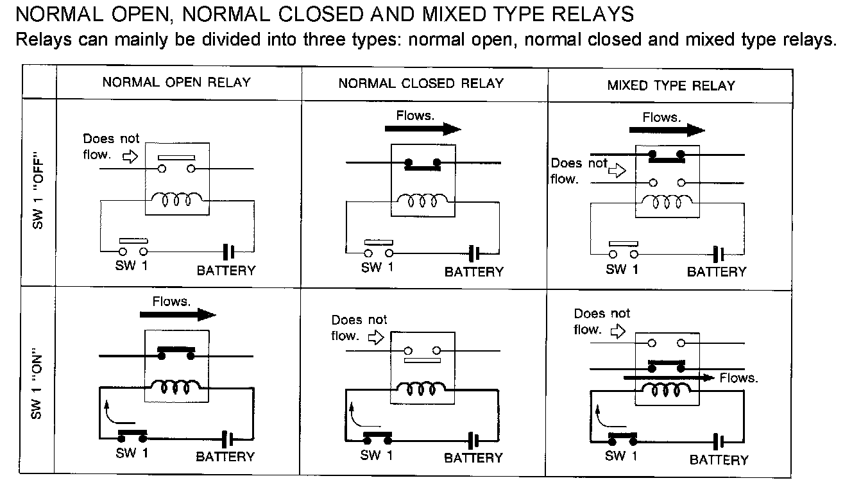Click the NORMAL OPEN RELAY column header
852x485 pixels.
176,82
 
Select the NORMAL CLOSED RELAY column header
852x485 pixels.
421,83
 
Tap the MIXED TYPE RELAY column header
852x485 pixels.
671,85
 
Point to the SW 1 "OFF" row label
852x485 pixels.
38,190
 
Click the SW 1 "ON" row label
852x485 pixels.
37,383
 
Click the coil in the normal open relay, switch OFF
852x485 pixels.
177,199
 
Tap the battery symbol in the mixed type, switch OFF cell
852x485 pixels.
719,254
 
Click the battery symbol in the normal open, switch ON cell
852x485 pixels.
228,439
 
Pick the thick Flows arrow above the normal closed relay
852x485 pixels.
423,129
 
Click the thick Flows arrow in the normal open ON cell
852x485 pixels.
178,314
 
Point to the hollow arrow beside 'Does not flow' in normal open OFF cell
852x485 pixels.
130,156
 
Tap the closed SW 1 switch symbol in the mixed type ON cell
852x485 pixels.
623,439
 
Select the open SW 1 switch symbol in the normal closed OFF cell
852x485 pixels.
379,248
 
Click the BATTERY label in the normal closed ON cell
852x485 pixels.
473,457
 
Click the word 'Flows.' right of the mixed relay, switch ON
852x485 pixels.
738,378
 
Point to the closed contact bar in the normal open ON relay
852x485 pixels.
176,353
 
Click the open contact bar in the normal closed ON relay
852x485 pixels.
422,361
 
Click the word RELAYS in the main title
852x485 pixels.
593,14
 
